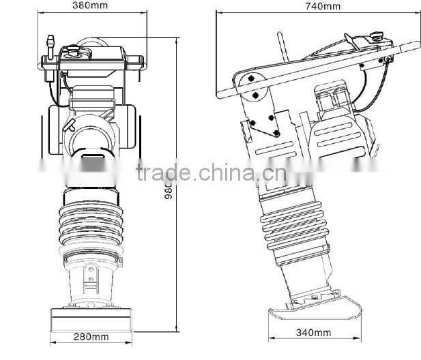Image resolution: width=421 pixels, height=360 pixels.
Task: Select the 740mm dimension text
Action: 323,6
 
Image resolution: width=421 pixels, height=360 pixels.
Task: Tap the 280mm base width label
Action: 91,336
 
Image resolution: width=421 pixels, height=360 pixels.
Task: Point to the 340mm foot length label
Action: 313,333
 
